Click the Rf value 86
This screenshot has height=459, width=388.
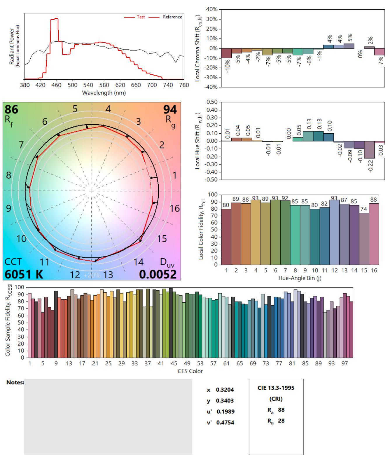(x=11, y=110)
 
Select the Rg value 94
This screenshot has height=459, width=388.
(x=170, y=110)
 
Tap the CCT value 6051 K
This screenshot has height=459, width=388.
(x=24, y=274)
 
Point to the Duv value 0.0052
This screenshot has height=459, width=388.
(x=158, y=274)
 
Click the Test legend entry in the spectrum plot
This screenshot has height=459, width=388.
(x=141, y=17)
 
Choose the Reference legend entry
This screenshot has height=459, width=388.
(x=172, y=17)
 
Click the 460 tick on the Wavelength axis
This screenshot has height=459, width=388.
(x=57, y=85)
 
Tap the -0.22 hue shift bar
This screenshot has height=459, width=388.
(x=369, y=150)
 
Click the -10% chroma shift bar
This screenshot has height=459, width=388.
(x=226, y=53)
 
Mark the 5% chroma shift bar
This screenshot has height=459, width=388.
(x=349, y=46)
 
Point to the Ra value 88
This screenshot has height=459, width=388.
(x=281, y=410)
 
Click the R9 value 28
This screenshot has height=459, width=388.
(x=281, y=421)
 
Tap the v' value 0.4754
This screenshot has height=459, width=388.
(x=225, y=423)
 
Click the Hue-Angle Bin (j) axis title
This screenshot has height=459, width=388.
(x=300, y=278)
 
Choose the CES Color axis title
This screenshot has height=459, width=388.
(x=190, y=371)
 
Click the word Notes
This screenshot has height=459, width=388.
(x=15, y=382)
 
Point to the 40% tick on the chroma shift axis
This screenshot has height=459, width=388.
(x=212, y=9)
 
